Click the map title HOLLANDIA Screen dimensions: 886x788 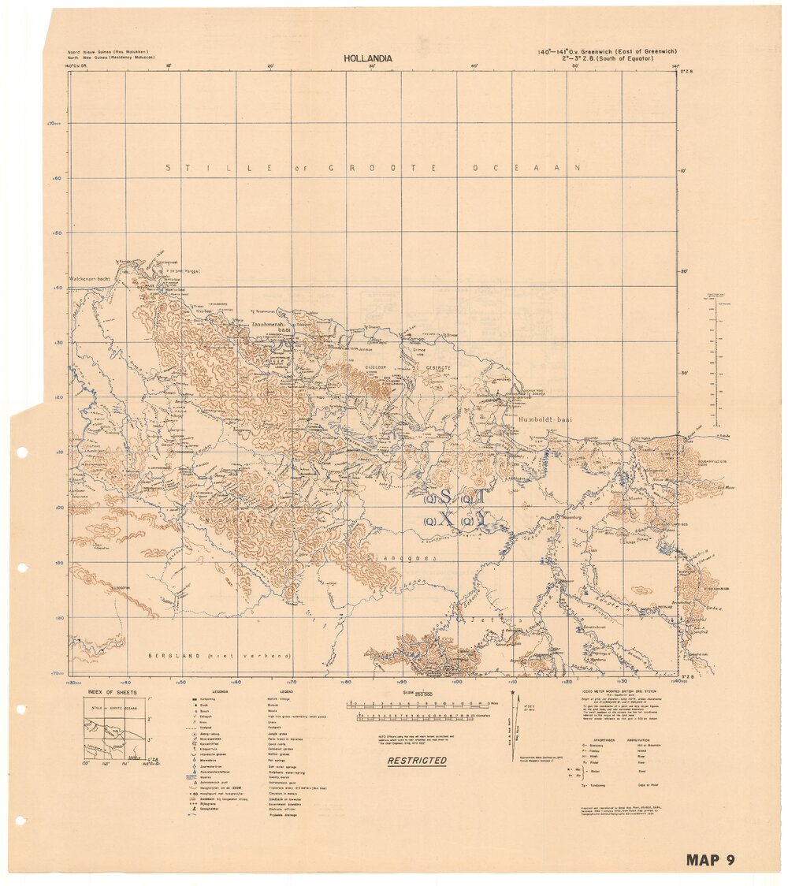[x=368, y=58]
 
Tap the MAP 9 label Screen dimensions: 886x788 [x=710, y=859]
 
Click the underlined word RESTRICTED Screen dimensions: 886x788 [x=417, y=761]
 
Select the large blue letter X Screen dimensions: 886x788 [x=445, y=519]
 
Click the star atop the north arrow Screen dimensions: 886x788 [x=513, y=694]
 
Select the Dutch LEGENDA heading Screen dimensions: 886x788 [x=220, y=691]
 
